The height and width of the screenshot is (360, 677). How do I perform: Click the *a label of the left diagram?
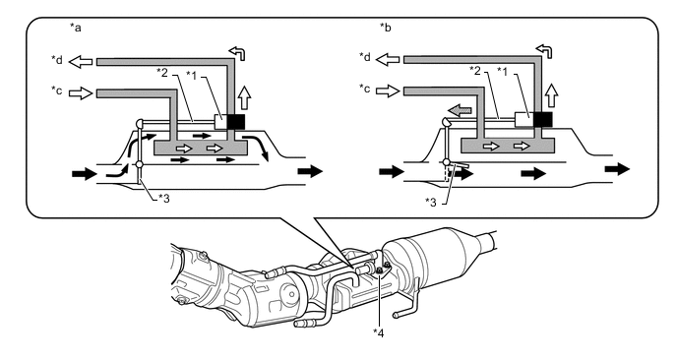coord(76,29)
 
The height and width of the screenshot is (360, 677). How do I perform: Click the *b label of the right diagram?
coord(386,28)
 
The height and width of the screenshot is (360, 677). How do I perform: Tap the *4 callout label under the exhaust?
coord(378,332)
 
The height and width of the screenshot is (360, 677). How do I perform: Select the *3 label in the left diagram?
coord(163,198)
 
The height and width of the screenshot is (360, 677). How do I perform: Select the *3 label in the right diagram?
coord(431,202)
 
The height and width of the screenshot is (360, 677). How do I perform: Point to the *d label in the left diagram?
coord(57,59)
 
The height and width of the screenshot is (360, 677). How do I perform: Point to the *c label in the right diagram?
coord(364,89)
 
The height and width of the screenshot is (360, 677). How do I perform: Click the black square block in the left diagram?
coord(236,121)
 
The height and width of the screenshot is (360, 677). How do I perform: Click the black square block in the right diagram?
coord(543,119)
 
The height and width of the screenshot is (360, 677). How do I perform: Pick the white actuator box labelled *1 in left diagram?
coord(220,121)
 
